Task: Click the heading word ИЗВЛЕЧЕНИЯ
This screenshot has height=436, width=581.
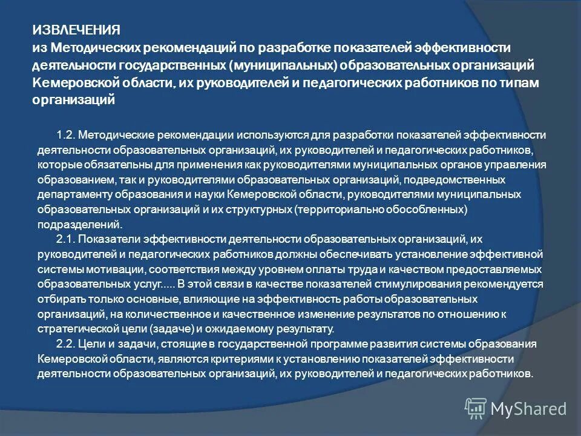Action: coord(76,30)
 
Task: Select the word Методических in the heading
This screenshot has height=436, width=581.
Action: coord(93,47)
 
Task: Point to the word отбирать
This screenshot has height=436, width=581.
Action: coord(60,299)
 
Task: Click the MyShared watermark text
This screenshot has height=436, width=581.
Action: coord(529,409)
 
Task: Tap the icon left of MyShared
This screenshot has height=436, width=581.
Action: coord(476,408)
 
